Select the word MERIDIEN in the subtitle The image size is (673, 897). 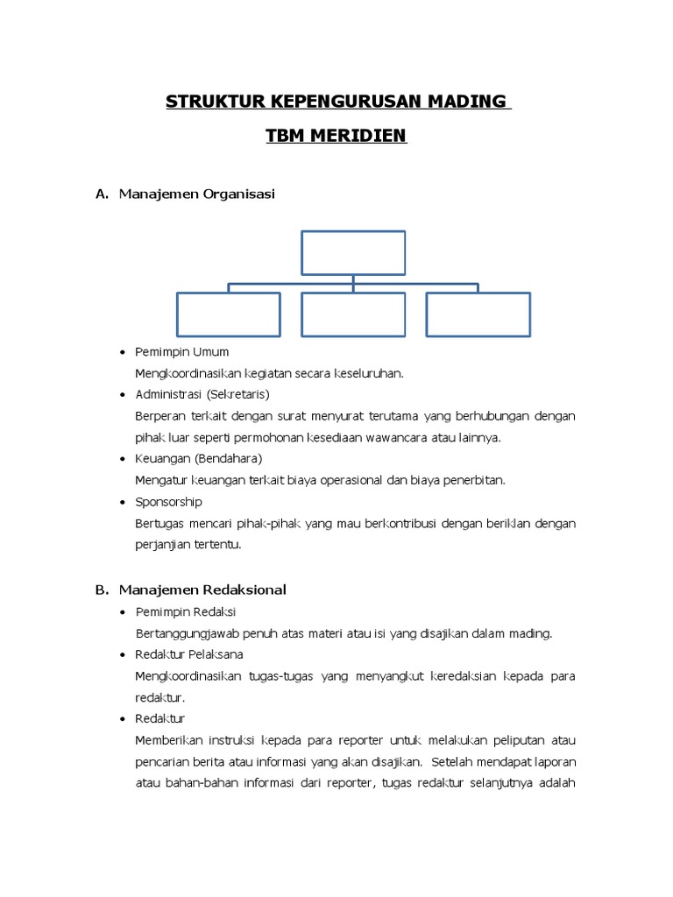[x=362, y=136]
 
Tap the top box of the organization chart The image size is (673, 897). [x=353, y=252]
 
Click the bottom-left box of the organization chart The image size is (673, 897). [x=229, y=314]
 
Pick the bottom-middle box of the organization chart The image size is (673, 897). [x=353, y=314]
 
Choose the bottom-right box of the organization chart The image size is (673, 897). [x=478, y=314]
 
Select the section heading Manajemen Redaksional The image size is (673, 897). [x=202, y=590]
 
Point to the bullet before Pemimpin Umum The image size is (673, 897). [x=122, y=352]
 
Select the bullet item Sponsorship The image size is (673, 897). [x=168, y=502]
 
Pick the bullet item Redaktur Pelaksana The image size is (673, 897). [x=189, y=654]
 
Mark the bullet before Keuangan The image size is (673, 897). [x=122, y=459]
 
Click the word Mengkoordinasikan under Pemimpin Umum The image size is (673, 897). [x=186, y=373]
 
